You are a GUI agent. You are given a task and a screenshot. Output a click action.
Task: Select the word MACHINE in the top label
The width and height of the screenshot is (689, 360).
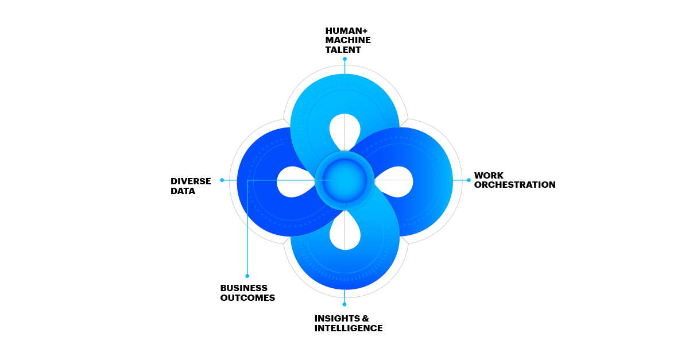coord(348,40)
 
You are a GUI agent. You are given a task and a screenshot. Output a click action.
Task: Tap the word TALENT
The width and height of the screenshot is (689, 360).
coord(343,50)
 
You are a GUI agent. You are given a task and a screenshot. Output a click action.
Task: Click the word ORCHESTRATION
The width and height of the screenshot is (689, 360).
coord(514,185)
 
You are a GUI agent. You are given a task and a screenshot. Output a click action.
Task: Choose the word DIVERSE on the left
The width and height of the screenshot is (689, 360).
coord(191,181)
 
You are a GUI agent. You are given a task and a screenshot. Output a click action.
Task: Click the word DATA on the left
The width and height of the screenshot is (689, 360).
coord(183,191)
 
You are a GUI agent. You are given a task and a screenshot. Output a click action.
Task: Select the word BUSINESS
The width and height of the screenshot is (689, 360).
coord(243,288)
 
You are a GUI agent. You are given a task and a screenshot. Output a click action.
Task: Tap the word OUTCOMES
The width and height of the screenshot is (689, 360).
coord(247,298)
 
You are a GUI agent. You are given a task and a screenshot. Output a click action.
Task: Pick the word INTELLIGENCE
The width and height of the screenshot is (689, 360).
coord(348,328)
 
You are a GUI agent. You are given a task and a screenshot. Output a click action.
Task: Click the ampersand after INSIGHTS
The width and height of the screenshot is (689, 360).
coord(365,318)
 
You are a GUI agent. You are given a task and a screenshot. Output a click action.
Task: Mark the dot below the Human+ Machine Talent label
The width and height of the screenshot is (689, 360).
coord(344,59)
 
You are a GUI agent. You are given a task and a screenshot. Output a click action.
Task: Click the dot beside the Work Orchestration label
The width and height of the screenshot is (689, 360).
coord(469,180)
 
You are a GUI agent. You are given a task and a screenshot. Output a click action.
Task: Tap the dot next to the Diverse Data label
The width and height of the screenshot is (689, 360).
coord(222,180)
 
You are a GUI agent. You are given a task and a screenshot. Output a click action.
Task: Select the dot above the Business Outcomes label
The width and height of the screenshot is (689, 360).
coord(247,276)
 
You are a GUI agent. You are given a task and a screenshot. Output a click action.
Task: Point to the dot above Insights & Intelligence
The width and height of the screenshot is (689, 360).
coord(344,304)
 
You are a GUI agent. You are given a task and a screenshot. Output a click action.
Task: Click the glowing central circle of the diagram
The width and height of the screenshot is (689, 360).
coord(344,180)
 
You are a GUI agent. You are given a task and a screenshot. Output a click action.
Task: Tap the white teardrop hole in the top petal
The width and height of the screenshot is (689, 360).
coord(344,129)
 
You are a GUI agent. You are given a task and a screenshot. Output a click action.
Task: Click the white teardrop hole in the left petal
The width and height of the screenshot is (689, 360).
coord(292,181)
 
